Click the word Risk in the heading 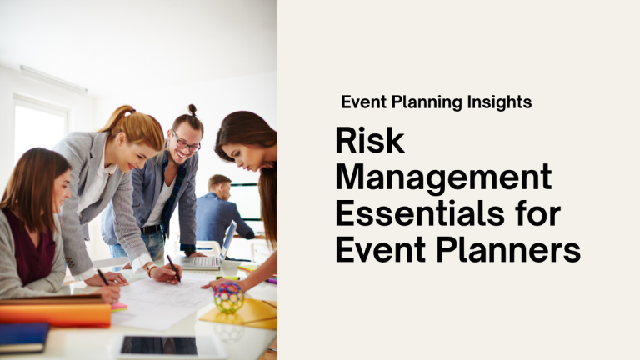(x=370, y=141)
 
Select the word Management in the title (x=443, y=177)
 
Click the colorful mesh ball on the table (x=229, y=297)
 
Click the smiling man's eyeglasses (x=186, y=142)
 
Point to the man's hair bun (x=192, y=109)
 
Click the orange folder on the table (x=55, y=313)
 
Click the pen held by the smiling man (x=172, y=265)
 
